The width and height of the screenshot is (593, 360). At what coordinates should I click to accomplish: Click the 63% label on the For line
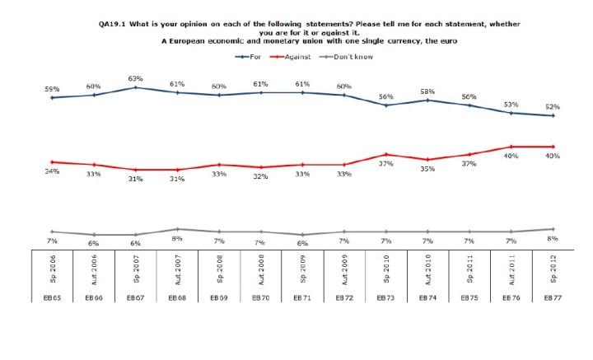(x=136, y=77)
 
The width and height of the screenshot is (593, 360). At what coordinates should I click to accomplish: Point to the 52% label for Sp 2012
(x=553, y=106)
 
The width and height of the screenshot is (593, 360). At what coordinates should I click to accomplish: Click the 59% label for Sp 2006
(x=53, y=88)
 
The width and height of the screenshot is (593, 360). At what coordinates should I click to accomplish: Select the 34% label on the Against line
(x=53, y=171)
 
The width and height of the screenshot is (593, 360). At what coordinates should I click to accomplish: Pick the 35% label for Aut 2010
(x=427, y=168)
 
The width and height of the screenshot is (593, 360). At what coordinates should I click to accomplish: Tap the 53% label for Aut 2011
(x=511, y=104)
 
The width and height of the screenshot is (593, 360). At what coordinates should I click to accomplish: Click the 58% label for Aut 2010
(x=427, y=91)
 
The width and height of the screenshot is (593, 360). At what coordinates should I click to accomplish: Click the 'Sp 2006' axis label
(x=53, y=272)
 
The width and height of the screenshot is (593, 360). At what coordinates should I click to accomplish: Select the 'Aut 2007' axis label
(x=178, y=271)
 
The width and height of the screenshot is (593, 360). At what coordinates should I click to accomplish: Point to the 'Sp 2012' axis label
(x=553, y=272)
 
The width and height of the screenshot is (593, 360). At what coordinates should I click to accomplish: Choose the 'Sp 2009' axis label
(x=303, y=272)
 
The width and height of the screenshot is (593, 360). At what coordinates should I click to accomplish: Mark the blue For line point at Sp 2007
(x=136, y=87)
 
